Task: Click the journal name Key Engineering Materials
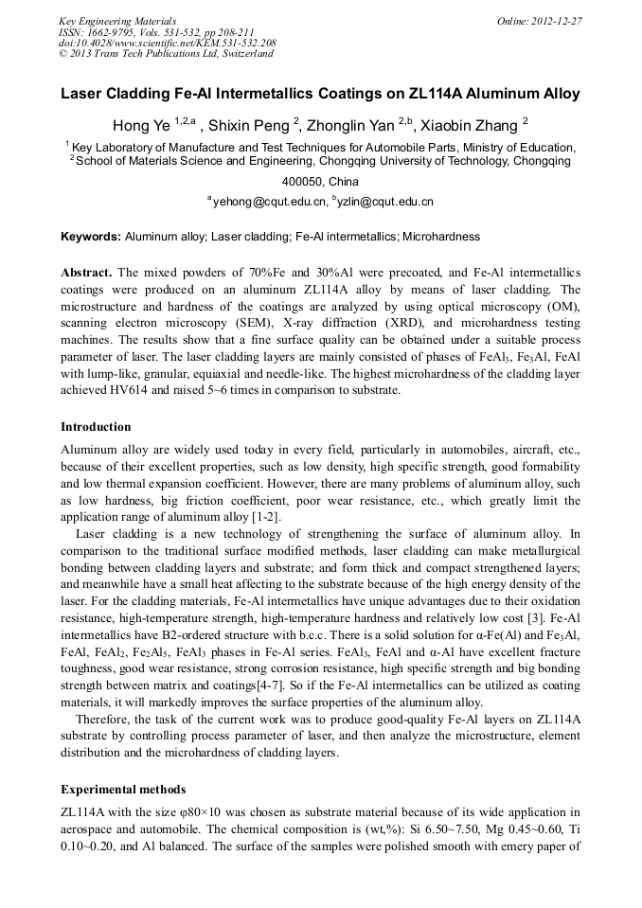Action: pos(117,20)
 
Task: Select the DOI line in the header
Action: pos(168,43)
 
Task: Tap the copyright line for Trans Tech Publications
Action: pos(166,54)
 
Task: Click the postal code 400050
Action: pos(303,181)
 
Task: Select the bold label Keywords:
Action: pos(91,236)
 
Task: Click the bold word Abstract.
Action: pos(87,271)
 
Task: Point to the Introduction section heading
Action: pos(96,427)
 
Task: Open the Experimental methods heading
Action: pos(123,789)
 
